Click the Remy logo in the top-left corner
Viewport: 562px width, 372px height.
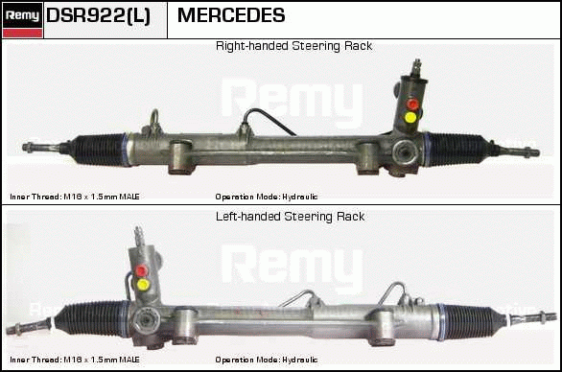pyautogui.click(x=22, y=20)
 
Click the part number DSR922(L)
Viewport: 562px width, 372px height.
pyautogui.click(x=98, y=15)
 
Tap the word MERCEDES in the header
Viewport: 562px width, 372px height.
pyautogui.click(x=231, y=15)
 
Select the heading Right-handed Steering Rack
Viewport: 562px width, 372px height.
pyautogui.click(x=293, y=46)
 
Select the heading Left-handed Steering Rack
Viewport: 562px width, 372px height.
pyautogui.click(x=290, y=217)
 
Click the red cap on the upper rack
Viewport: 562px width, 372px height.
pyautogui.click(x=412, y=104)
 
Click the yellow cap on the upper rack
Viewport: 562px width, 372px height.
pyautogui.click(x=410, y=117)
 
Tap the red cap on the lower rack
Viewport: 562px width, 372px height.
pyautogui.click(x=141, y=270)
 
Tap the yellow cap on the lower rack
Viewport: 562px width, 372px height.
pyautogui.click(x=143, y=284)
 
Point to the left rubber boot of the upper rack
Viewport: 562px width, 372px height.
pyautogui.click(x=99, y=149)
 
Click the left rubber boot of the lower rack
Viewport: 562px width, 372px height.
pyautogui.click(x=91, y=318)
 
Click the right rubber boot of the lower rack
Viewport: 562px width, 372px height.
pyautogui.click(x=471, y=322)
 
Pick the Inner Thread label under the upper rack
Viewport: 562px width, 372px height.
pyautogui.click(x=75, y=197)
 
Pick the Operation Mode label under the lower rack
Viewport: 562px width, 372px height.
pyautogui.click(x=267, y=360)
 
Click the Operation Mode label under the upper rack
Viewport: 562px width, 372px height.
pyautogui.click(x=267, y=197)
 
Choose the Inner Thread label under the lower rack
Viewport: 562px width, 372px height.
pyautogui.click(x=75, y=360)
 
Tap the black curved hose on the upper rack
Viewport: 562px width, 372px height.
pyautogui.click(x=269, y=118)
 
